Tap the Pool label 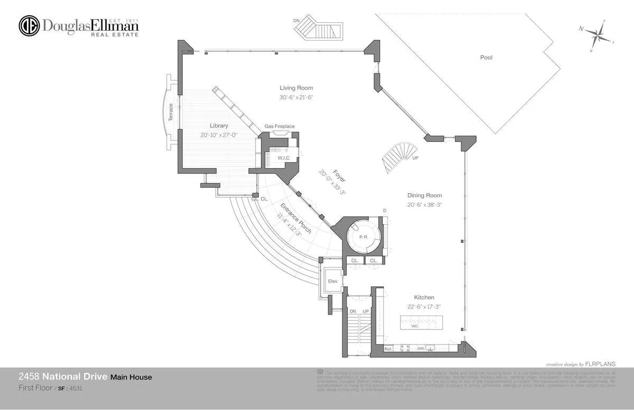click(x=486, y=58)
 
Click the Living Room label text click(x=296, y=88)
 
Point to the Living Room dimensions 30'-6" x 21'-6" click(x=296, y=98)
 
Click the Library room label click(x=218, y=126)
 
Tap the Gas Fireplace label click(x=279, y=126)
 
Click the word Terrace click(x=171, y=112)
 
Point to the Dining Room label click(x=424, y=195)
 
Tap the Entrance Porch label click(x=296, y=219)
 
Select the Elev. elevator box click(x=333, y=281)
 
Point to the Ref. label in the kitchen click(x=387, y=349)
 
